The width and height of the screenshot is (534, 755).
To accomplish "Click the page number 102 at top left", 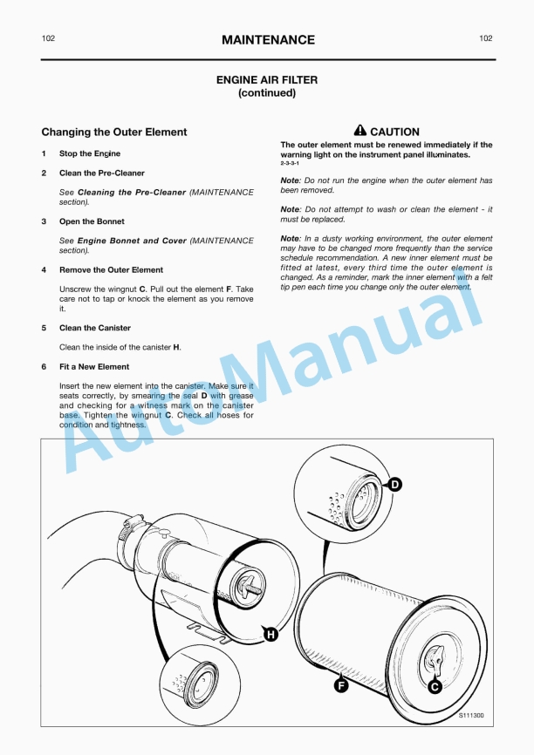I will tap(49, 39).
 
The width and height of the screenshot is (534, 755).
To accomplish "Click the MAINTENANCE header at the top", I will tap(268, 40).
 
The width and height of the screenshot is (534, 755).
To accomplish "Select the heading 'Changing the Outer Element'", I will tap(114, 133).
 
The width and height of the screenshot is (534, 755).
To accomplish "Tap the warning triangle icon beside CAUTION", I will tap(359, 132).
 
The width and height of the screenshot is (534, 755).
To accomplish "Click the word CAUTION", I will tap(394, 133).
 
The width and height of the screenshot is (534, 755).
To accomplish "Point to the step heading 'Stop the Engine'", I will tap(90, 153).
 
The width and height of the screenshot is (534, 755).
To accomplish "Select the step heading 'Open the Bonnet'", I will tap(92, 221).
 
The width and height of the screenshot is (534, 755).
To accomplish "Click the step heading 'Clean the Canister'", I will tap(95, 328).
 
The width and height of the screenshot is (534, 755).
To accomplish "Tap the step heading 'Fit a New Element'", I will tap(94, 367).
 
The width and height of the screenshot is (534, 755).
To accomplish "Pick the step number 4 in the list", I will tap(44, 270).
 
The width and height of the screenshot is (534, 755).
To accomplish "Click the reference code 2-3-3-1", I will tap(290, 164).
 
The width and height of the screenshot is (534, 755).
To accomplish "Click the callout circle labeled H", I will tap(271, 635).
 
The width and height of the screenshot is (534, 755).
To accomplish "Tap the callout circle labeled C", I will tap(435, 686).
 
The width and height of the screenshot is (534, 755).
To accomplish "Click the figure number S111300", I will tap(471, 716).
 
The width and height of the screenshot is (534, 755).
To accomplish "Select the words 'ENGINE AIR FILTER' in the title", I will tap(267, 80).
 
